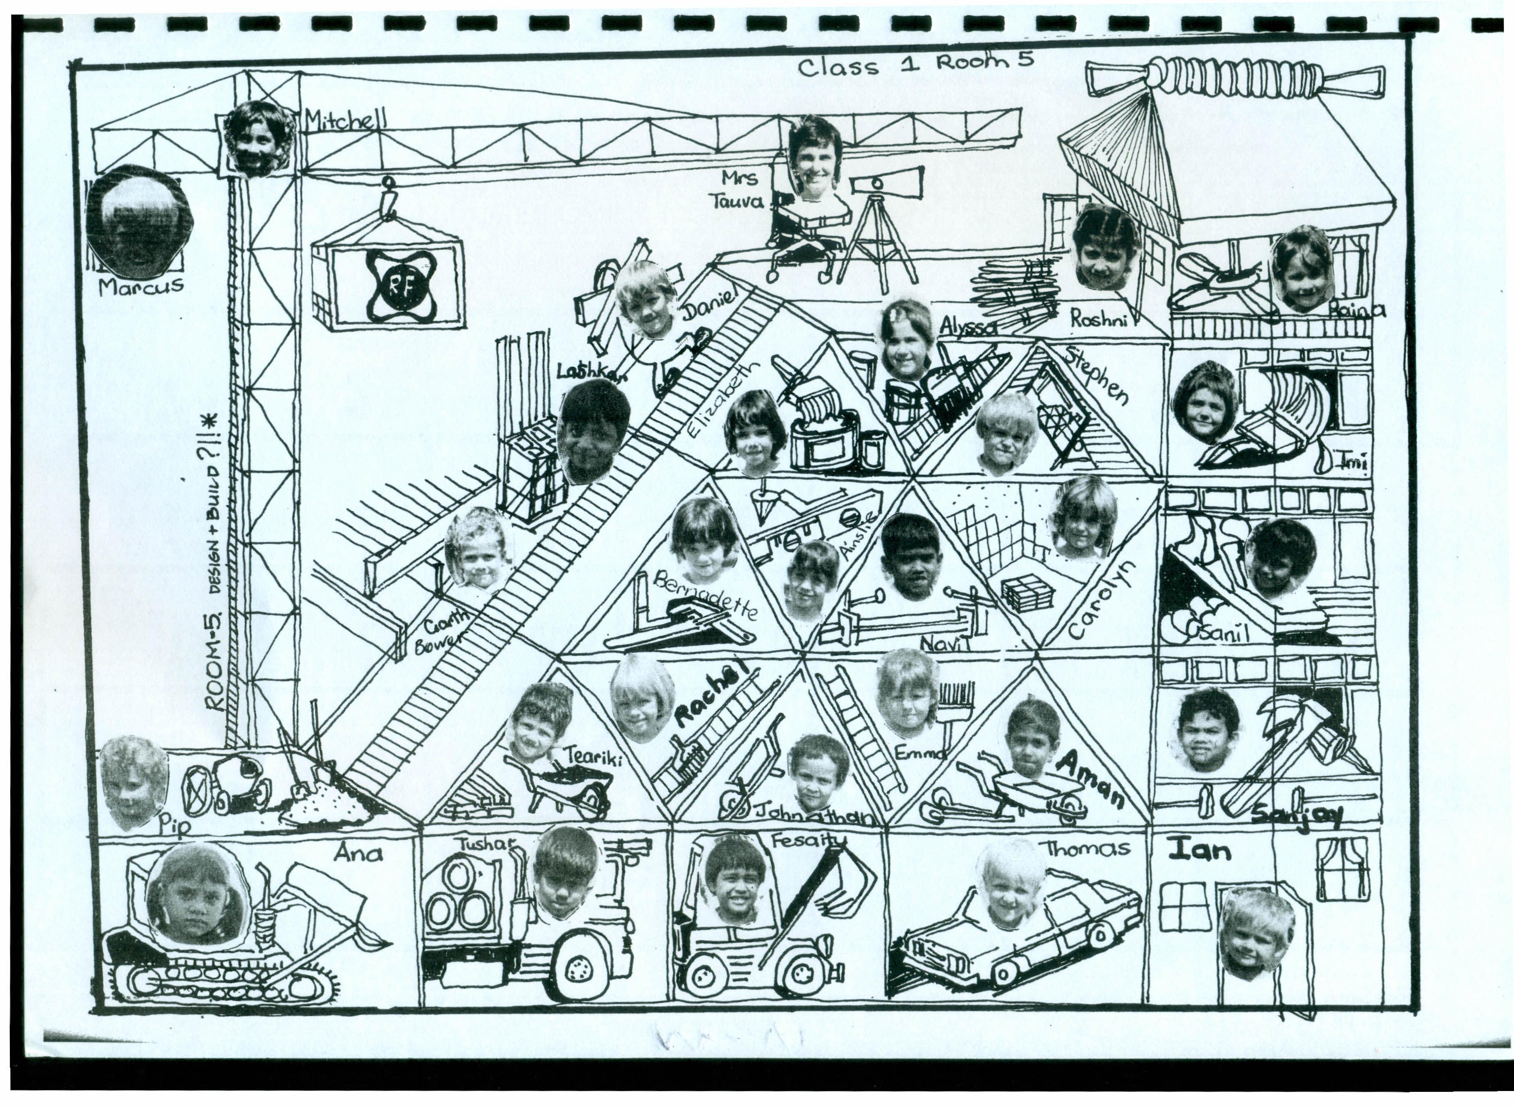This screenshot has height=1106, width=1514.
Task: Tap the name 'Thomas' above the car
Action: pos(1088,849)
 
